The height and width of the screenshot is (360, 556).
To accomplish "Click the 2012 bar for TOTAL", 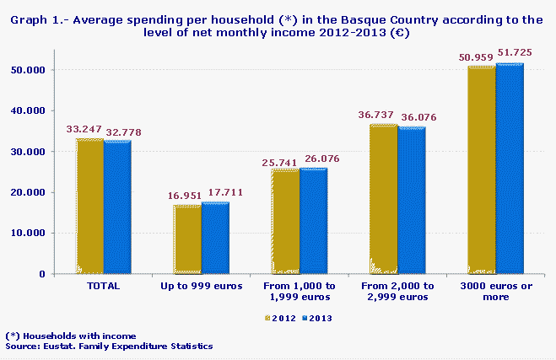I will [89, 206].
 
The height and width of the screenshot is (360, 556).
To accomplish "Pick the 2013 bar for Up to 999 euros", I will [215, 238].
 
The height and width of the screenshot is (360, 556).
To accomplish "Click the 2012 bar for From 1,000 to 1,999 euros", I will [285, 221].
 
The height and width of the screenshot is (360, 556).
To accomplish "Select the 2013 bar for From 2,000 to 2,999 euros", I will [411, 201].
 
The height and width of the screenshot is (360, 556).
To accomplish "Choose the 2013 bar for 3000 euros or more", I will [510, 168].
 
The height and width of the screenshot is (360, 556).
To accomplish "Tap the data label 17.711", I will [224, 193].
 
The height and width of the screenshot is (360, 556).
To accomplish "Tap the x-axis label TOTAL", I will [104, 287].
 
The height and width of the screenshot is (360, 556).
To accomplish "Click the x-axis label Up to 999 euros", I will [202, 287].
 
